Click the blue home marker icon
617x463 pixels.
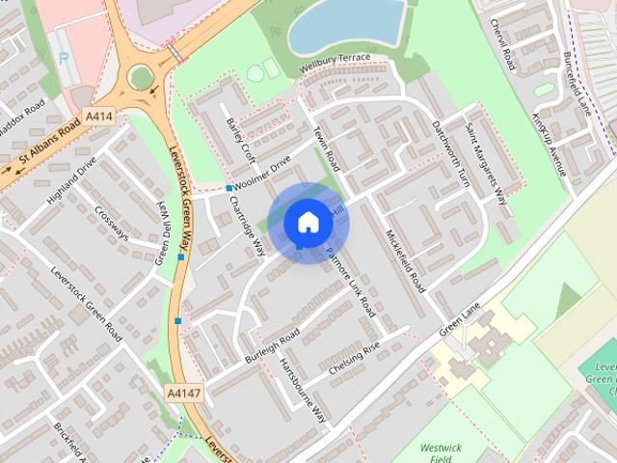coord(308,223)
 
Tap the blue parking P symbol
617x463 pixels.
coord(65,57)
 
